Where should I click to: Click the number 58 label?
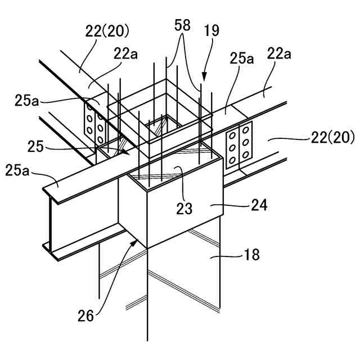pos(183,25)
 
